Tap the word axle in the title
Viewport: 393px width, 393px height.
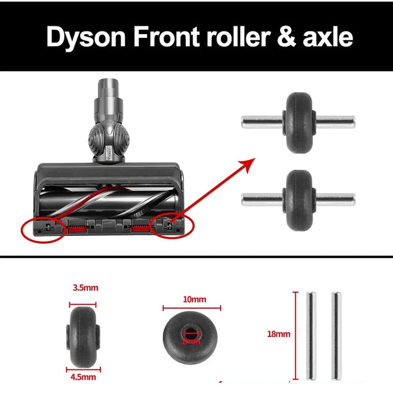(327, 36)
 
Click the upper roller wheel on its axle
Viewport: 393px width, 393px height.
(298, 122)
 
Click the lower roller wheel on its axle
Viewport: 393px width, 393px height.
(298, 198)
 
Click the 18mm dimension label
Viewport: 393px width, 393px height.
(280, 334)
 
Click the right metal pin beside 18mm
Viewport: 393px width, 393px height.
(336, 335)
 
